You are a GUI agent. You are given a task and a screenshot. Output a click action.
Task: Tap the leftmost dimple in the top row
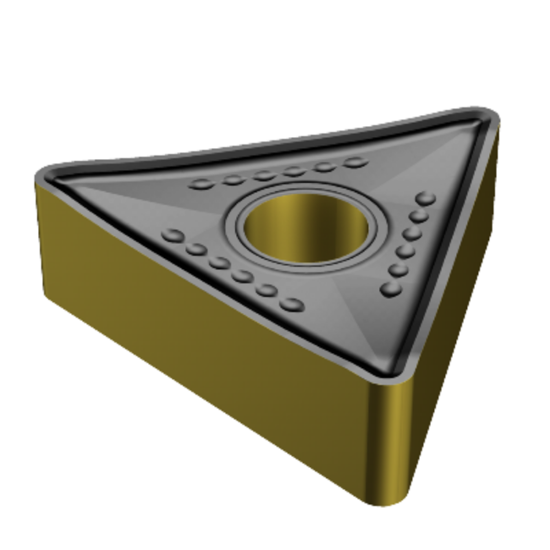point(204,184)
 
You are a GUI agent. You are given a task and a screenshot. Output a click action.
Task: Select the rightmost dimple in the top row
point(355,161)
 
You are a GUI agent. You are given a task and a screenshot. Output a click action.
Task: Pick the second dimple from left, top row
point(234,180)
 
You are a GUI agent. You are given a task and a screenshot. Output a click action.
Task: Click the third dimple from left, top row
point(264,176)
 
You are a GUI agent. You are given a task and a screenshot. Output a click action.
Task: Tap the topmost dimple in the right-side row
point(427,201)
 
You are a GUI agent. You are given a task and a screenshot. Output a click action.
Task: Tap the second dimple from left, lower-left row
point(197,249)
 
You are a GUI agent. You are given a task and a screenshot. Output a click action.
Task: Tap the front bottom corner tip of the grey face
point(396,374)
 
